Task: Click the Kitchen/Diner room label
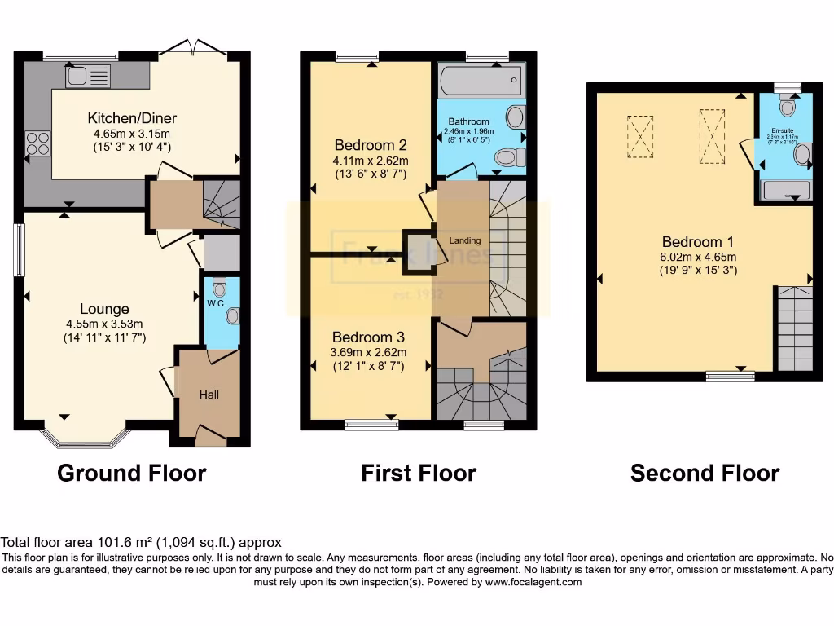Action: point(134,118)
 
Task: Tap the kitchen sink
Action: point(87,77)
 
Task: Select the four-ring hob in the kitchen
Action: point(37,143)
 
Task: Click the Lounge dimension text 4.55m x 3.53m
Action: point(104,324)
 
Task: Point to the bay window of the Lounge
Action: point(86,437)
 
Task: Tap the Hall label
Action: point(209,395)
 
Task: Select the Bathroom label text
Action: point(468,122)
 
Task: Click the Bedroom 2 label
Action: point(371,145)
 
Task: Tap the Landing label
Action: point(465,240)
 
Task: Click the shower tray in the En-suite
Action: point(785,190)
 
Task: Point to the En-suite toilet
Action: point(787,105)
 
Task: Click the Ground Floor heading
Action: point(131,473)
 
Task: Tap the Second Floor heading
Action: point(705,473)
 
